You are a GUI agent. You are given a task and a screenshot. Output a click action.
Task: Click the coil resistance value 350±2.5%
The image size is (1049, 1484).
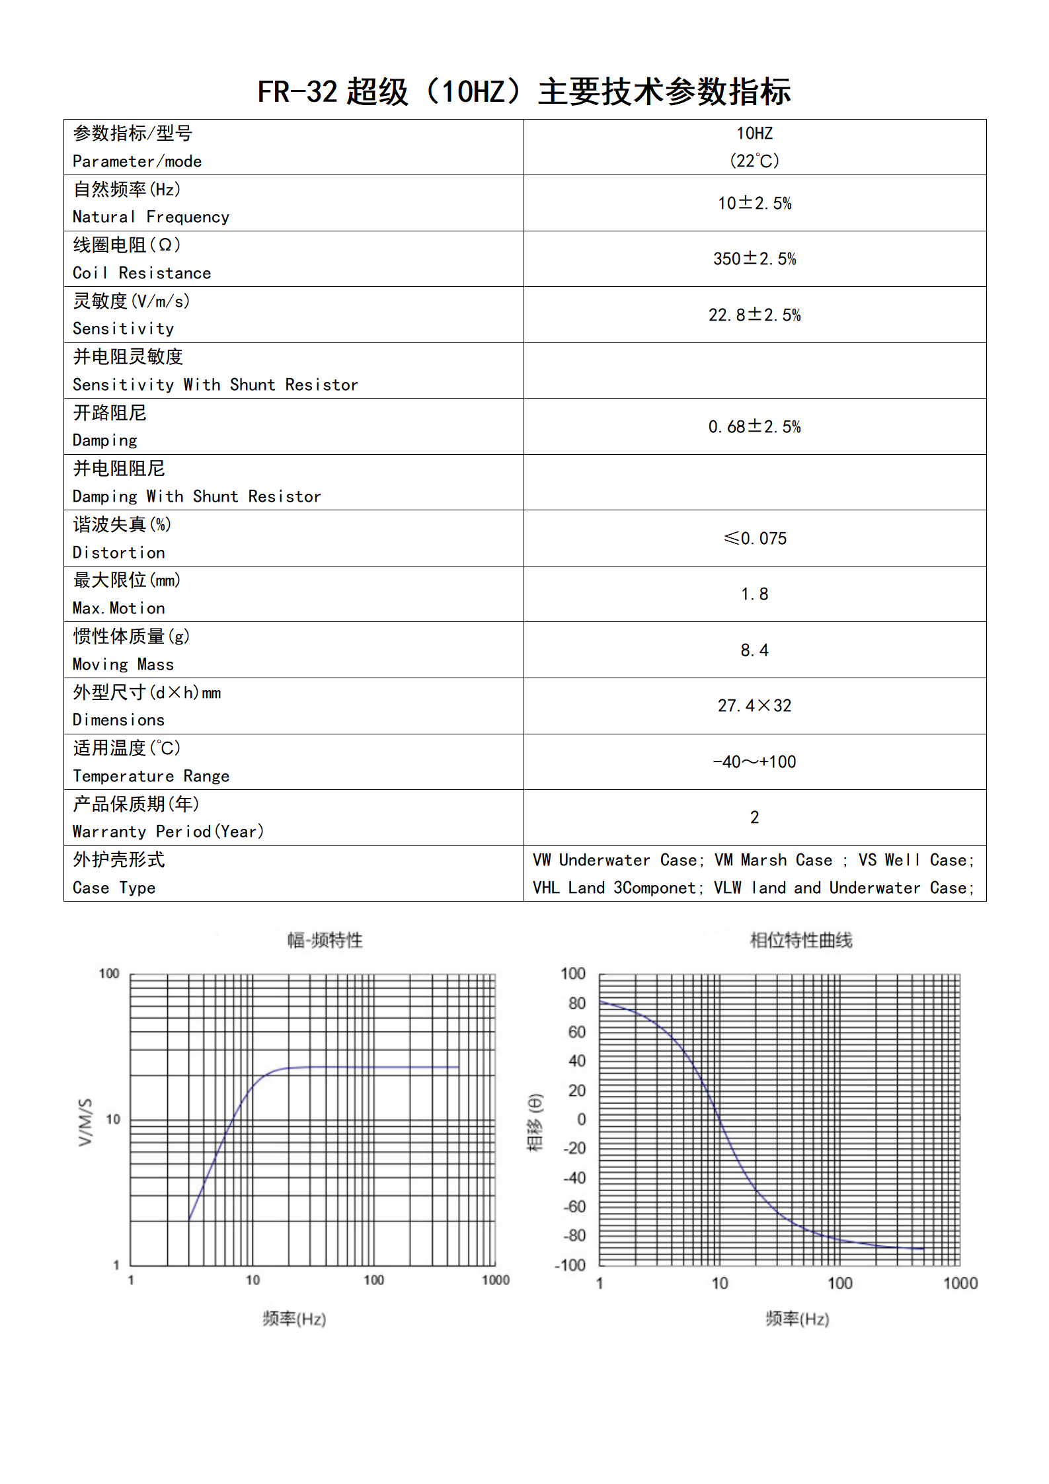(754, 258)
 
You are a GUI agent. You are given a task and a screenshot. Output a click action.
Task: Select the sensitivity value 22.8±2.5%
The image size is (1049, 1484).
(754, 315)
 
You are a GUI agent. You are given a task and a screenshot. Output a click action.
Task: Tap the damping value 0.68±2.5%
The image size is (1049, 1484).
(754, 426)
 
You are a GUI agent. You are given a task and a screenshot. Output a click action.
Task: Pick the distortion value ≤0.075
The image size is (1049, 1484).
(755, 538)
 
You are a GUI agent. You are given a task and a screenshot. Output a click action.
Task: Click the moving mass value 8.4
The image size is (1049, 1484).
(754, 650)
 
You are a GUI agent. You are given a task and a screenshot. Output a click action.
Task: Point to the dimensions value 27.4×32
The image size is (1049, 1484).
(754, 705)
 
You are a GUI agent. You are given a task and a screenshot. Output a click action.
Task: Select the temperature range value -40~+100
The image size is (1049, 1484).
(754, 762)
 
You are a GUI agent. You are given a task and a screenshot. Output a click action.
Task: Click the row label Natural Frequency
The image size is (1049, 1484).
(151, 217)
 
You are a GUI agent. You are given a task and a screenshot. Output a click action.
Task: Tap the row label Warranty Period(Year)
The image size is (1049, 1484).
(168, 832)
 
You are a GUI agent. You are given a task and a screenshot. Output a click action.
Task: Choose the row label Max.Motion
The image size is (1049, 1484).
(119, 608)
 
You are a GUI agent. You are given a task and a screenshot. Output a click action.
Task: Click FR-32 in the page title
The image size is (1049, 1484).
(297, 92)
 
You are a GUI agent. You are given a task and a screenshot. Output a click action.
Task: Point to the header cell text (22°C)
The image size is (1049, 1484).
(754, 161)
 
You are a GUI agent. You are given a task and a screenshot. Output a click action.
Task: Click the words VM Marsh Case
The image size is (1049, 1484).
(773, 860)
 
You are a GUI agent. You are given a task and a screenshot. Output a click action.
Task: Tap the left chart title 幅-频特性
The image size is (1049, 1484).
(325, 939)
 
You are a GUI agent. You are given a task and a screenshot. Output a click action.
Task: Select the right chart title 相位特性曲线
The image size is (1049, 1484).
(800, 939)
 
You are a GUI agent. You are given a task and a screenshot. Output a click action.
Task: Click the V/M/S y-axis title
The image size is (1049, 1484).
(85, 1122)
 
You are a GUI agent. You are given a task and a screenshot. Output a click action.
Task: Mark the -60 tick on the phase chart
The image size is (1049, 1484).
(574, 1206)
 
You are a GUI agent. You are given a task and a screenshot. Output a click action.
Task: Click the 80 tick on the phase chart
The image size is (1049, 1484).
(577, 1003)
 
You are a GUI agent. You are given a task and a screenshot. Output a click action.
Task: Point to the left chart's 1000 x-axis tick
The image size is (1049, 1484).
(495, 1280)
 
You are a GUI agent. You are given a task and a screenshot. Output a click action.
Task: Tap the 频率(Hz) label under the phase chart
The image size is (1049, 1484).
(797, 1319)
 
